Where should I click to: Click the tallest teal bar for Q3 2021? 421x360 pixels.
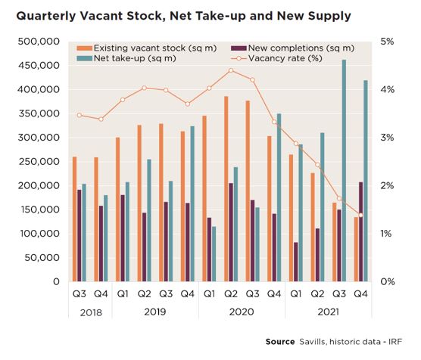pos(344,170)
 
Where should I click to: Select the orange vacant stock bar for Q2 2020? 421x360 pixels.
pos(226,189)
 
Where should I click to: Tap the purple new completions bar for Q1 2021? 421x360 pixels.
pos(296,262)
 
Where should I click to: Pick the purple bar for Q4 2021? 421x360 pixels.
pos(361,231)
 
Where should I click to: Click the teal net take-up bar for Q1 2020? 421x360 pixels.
pos(214,254)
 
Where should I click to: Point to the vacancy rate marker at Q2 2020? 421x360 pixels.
pos(231,70)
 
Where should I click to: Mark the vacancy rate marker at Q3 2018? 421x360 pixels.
pos(80,115)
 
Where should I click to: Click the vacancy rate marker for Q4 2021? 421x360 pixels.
pos(360,215)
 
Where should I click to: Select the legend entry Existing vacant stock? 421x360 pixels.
pos(147,48)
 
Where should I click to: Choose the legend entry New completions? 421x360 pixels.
pos(292,48)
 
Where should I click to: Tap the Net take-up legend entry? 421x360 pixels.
pos(126,58)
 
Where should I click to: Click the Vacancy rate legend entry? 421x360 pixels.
pos(276,58)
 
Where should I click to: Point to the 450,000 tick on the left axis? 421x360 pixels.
pos(39,66)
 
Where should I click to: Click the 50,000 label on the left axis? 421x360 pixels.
pos(42,258)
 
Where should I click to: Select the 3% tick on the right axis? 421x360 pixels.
pos(387,138)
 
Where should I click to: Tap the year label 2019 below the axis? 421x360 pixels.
pos(155,312)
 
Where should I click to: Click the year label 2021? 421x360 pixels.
pos(328,312)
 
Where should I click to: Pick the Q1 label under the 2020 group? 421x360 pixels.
pos(209,294)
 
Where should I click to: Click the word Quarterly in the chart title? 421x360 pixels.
pos(46,16)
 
